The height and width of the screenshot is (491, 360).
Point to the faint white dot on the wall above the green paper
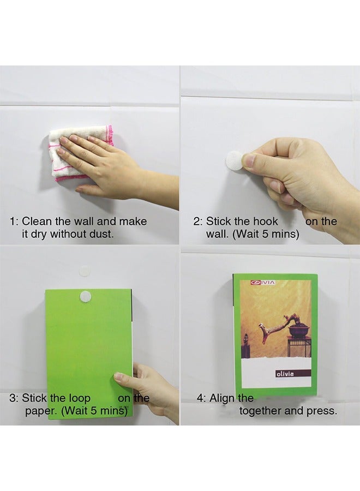click(84, 270)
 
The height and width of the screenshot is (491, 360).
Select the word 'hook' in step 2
click(266, 221)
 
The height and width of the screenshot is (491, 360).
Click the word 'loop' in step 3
click(80, 398)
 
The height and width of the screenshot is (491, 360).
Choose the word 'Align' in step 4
click(222, 398)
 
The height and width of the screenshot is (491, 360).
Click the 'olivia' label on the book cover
click(285, 374)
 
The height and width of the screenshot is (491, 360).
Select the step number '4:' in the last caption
click(201, 398)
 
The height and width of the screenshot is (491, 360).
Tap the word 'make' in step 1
click(133, 221)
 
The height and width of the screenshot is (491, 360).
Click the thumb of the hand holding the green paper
click(123, 379)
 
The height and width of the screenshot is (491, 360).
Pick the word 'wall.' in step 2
click(218, 234)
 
